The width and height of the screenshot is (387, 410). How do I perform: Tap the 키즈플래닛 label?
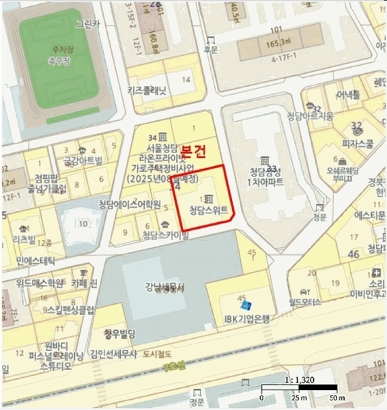click(147, 90)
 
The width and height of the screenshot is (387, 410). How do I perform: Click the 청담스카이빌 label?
click(165, 236)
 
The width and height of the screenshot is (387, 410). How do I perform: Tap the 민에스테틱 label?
click(33, 260)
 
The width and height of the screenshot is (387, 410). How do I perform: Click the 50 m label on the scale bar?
click(335, 398)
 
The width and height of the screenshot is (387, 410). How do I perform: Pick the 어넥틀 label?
click(347, 94)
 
